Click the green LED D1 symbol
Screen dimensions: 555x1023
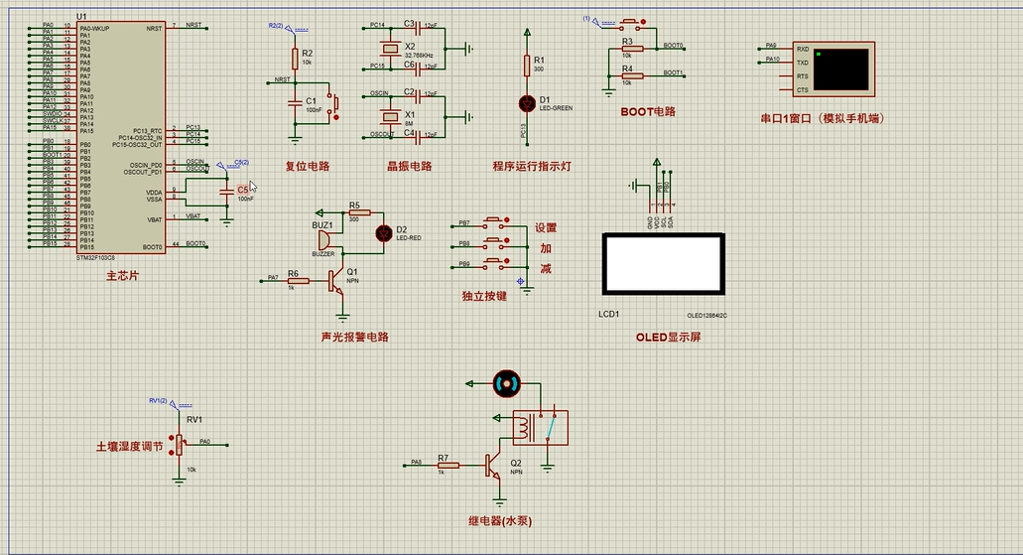(x=526, y=101)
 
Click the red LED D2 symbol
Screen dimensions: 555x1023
(x=384, y=233)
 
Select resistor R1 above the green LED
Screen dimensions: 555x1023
(x=526, y=66)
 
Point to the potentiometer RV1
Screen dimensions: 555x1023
(x=180, y=445)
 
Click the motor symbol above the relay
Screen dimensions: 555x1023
(x=506, y=381)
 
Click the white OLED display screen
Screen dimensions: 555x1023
(x=662, y=263)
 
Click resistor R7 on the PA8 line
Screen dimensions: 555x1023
(x=448, y=464)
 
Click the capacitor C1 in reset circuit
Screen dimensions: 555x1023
(x=294, y=101)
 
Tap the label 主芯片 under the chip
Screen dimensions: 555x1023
(x=121, y=275)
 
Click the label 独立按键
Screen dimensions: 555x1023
(x=484, y=296)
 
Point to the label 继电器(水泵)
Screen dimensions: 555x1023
(x=506, y=520)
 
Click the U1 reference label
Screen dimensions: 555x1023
(x=81, y=18)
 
